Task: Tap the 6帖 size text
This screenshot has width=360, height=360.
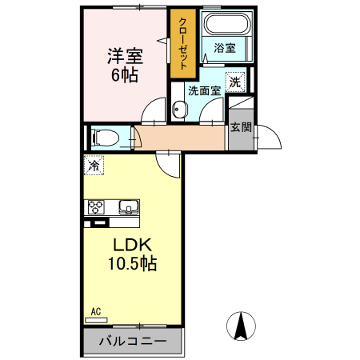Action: tap(124, 76)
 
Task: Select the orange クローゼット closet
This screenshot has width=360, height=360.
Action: tap(182, 45)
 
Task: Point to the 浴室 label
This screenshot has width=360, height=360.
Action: tap(224, 49)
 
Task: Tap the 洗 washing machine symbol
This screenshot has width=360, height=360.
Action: tap(234, 81)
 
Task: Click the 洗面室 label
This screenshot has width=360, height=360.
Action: tap(203, 91)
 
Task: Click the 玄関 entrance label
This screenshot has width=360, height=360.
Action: tap(241, 126)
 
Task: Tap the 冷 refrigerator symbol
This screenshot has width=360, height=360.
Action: tap(94, 166)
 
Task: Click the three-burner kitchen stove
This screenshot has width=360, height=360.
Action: tap(98, 207)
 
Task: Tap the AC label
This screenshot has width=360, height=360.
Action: tap(95, 311)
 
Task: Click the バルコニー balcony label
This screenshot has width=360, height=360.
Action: tap(133, 342)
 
